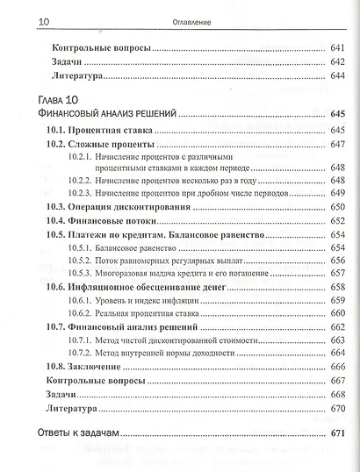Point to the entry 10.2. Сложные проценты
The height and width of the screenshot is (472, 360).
pyautogui.click(x=101, y=144)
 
